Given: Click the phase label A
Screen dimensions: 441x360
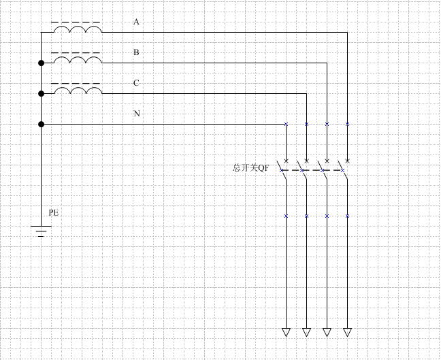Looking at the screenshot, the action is click(136, 22).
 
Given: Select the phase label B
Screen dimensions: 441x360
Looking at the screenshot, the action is click(136, 52).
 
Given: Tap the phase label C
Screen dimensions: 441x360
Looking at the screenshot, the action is click(136, 83).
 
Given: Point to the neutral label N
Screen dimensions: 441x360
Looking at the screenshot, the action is click(137, 114).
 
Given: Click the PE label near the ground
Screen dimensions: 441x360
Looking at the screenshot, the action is click(54, 212).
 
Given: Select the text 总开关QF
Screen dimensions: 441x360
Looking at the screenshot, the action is click(251, 168).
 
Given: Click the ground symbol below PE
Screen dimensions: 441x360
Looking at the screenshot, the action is click(41, 231).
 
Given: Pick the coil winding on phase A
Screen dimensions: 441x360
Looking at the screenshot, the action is click(78, 29).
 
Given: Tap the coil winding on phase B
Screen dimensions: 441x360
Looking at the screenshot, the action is click(78, 60).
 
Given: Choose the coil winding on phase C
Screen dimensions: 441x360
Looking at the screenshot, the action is click(78, 91).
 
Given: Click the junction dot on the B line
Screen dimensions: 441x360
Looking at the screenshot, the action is click(41, 63).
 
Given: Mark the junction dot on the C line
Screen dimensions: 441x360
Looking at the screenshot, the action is click(41, 94).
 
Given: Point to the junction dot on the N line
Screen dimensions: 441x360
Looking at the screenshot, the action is click(41, 124).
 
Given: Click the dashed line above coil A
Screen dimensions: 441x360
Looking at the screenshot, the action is click(76, 22).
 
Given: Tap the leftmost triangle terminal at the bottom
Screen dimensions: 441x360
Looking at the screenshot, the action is click(286, 332).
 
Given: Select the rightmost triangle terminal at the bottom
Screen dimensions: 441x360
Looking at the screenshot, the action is click(347, 332).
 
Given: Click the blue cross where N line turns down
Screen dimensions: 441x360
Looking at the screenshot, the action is click(286, 124).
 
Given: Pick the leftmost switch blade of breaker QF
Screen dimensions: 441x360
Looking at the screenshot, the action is click(282, 170).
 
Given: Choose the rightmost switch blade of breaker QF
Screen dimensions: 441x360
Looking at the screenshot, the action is click(343, 170).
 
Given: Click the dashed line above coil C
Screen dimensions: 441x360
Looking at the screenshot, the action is click(76, 84).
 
